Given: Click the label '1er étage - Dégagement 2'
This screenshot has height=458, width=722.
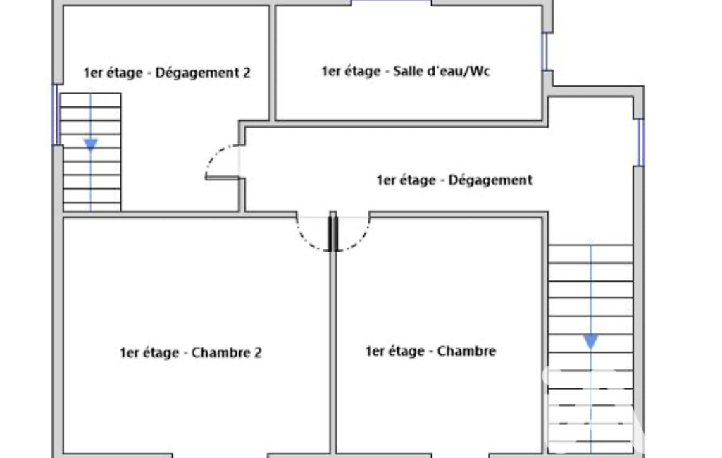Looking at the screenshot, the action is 167,73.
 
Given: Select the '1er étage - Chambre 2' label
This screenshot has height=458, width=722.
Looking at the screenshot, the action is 191,352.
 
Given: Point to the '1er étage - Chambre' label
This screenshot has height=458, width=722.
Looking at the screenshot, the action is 430,351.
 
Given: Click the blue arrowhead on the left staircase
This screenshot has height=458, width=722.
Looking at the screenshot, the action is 91,144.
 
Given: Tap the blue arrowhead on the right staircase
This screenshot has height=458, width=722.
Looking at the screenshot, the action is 591,342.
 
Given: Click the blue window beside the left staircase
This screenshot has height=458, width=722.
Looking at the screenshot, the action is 56,114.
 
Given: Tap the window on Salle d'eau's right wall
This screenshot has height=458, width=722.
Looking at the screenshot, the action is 546,51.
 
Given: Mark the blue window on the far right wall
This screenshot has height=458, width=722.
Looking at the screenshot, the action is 640,142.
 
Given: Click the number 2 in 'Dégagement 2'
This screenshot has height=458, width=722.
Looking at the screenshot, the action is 247,73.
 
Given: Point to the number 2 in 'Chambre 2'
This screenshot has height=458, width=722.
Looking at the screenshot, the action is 258,352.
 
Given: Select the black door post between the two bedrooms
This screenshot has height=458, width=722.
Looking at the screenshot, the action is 333,232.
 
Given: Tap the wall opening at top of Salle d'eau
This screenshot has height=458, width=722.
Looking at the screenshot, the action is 392,3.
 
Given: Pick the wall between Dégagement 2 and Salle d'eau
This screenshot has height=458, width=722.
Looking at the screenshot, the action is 272,63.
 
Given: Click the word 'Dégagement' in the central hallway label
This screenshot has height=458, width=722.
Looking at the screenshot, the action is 490,180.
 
